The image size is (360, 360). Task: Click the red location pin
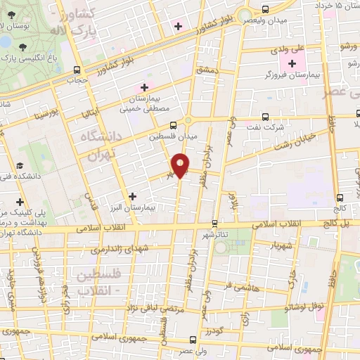181,165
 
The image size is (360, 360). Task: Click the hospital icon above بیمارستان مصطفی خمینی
145,88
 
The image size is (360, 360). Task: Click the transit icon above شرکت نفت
265,117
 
